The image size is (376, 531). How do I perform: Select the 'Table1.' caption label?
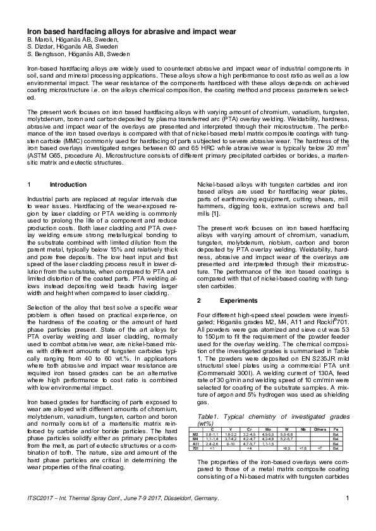(x=210, y=417)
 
